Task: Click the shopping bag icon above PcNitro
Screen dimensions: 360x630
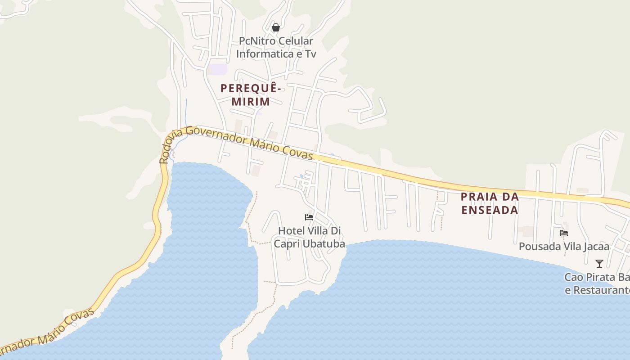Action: [x=276, y=27]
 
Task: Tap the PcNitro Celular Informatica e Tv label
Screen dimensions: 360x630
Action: [x=276, y=47]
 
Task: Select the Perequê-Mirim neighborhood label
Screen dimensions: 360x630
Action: [x=251, y=95]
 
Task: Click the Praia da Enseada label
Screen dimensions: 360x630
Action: [x=490, y=203]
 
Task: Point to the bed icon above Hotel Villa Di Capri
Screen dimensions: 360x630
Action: [x=309, y=217]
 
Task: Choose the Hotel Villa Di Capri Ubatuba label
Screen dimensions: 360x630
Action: [x=310, y=237]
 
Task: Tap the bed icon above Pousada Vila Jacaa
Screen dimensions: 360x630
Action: [x=564, y=233]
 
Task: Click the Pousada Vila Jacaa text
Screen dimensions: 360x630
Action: [x=564, y=247]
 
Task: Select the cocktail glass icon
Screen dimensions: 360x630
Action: [x=599, y=263]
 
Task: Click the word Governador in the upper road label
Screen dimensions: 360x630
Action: [x=216, y=135]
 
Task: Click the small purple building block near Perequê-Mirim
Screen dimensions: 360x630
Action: [x=217, y=69]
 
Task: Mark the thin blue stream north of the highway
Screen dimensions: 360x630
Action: [x=186, y=112]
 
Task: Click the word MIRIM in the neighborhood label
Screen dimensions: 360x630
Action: [x=251, y=102]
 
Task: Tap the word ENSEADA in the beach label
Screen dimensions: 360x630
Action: [x=490, y=210]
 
